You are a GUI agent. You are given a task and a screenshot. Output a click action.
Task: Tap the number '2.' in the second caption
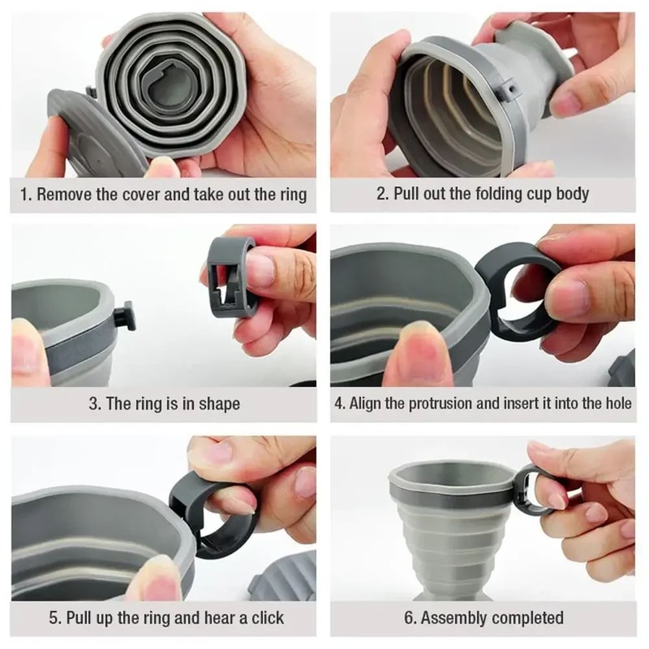(x=383, y=195)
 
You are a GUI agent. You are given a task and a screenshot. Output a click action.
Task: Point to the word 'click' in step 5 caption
(x=264, y=618)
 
